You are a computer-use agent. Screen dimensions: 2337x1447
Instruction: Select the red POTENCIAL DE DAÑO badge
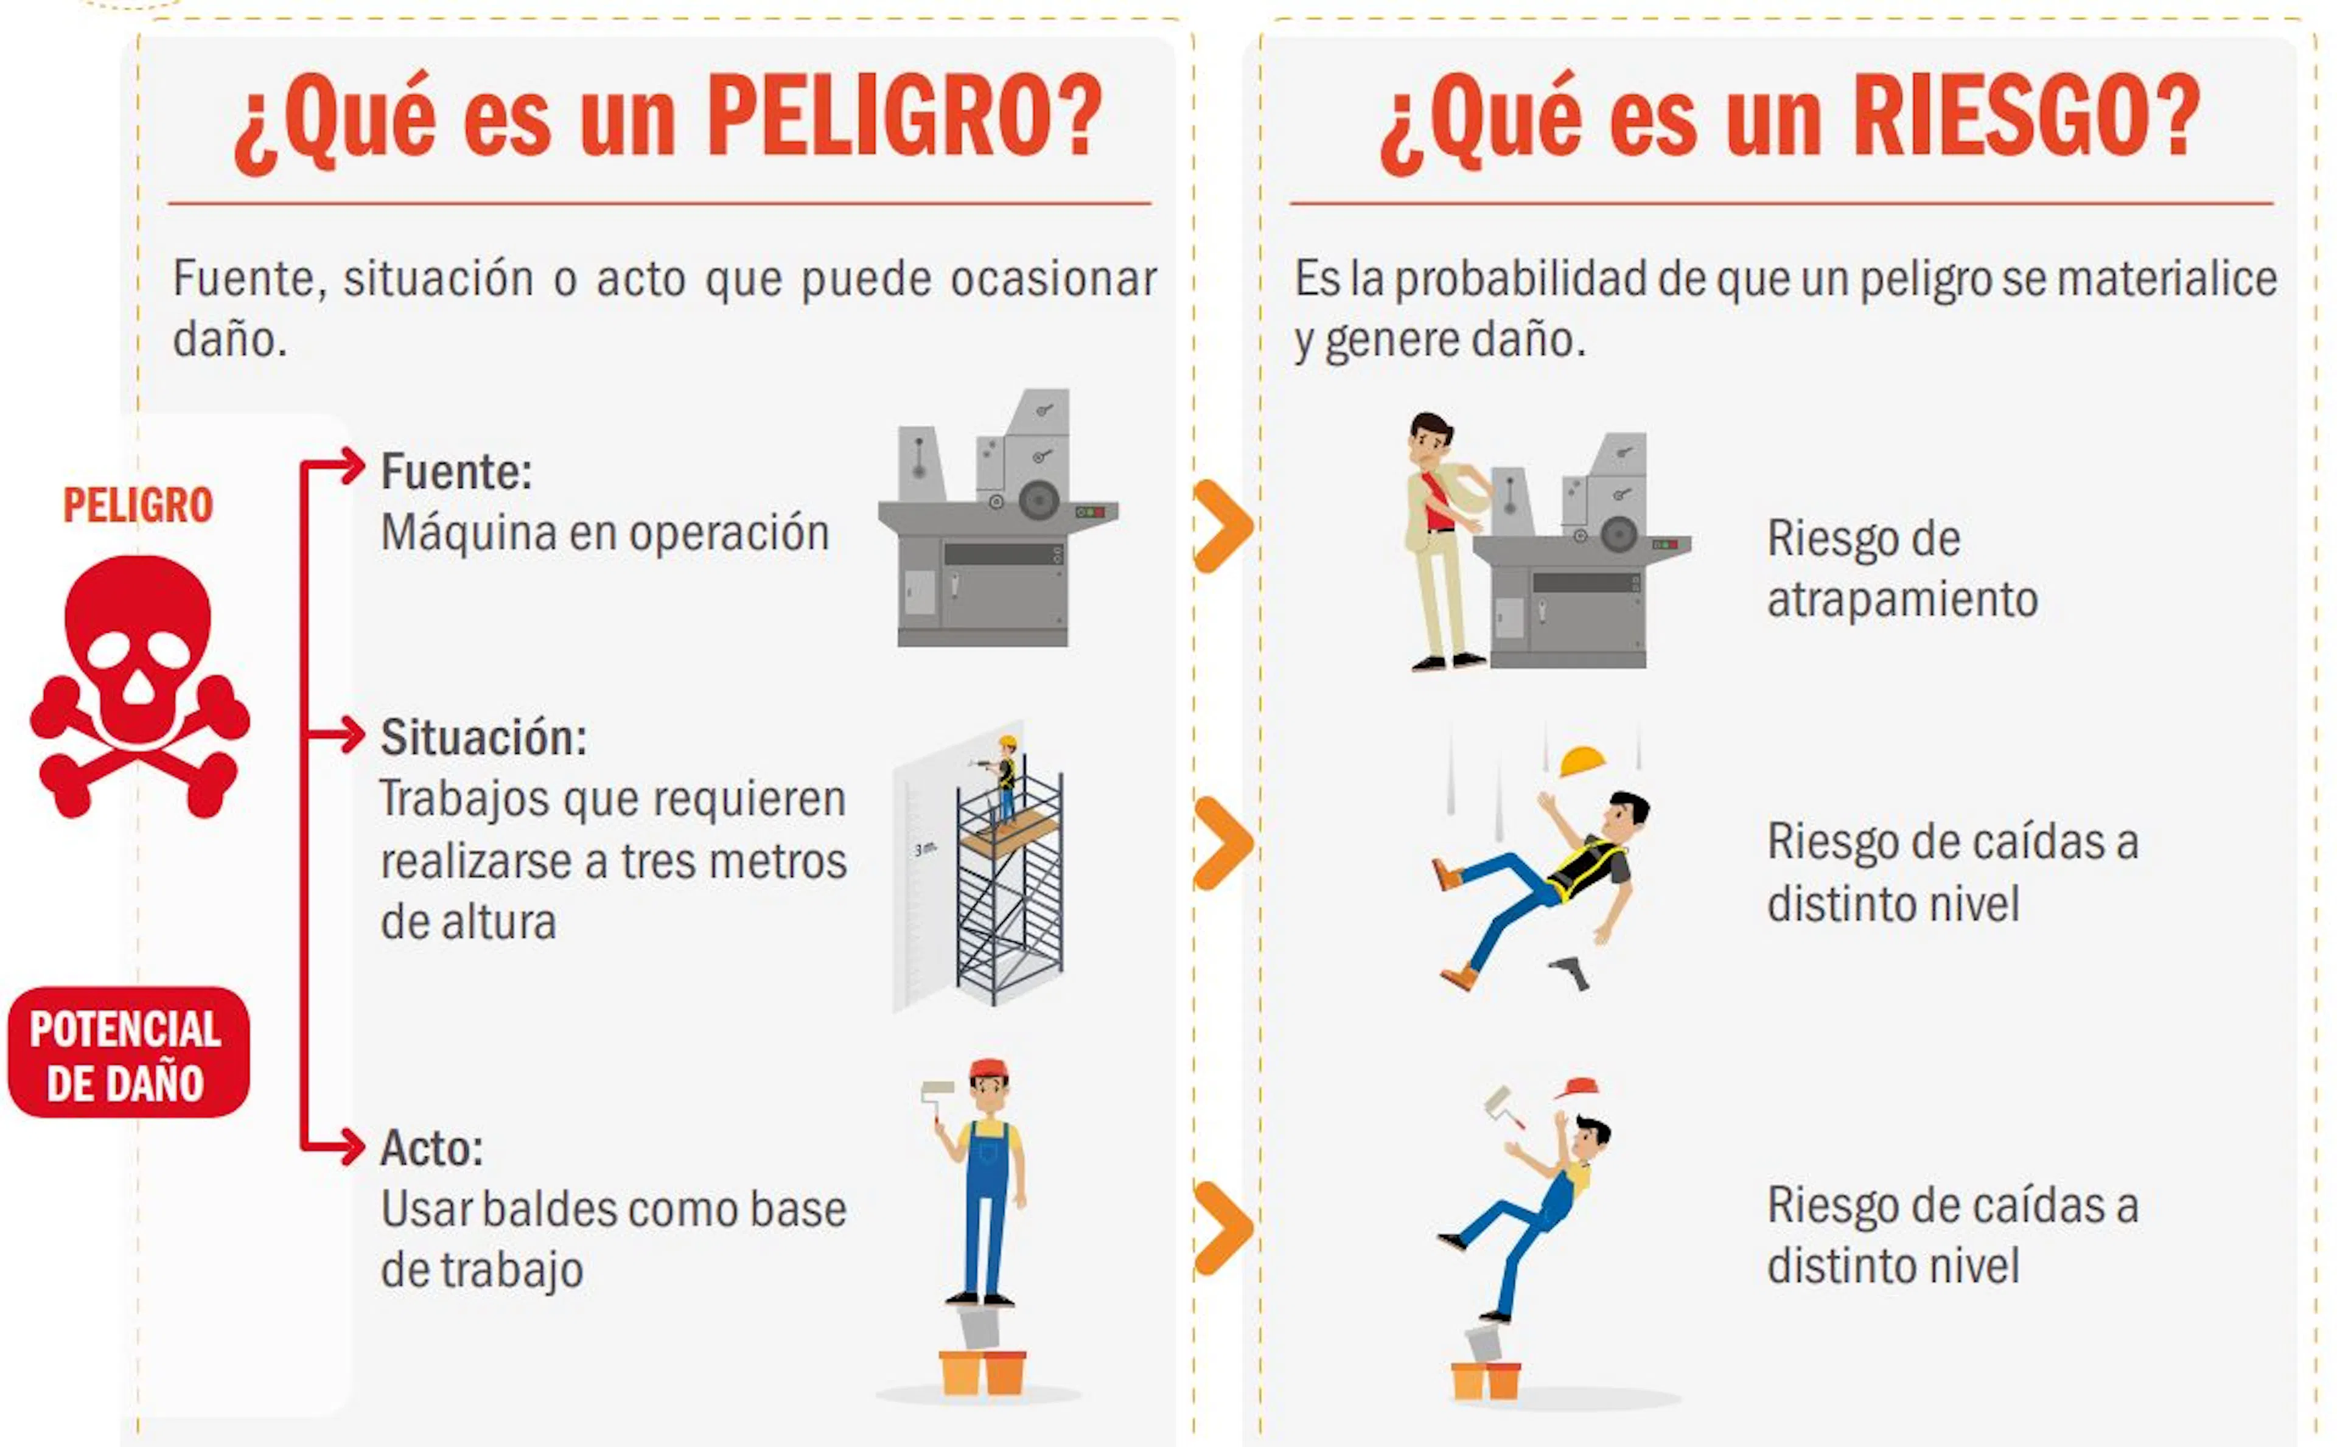[128, 1053]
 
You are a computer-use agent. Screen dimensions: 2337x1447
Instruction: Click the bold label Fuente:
[456, 472]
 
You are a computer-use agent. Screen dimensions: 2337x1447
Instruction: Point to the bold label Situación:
[483, 738]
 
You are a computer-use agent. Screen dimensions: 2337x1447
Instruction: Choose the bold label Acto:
[431, 1148]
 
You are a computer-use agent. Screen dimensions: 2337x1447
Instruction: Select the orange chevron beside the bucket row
[1224, 1229]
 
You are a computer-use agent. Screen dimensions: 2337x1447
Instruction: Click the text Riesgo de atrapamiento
[1902, 568]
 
